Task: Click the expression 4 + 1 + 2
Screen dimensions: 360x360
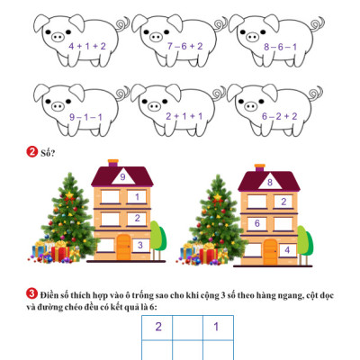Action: (87, 46)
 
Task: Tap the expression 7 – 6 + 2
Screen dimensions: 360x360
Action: (185, 46)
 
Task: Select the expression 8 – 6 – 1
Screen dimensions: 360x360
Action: (281, 47)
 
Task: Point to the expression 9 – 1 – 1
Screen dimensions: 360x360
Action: (85, 117)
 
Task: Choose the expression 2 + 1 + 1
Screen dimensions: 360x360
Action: (184, 116)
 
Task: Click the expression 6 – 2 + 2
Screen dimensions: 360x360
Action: (279, 116)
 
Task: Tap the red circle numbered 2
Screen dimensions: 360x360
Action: (31, 152)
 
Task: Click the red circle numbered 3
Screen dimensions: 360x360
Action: (31, 293)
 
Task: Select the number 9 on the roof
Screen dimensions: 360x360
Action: (122, 177)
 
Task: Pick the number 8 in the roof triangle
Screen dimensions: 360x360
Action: (270, 182)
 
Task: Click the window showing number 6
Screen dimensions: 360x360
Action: (257, 224)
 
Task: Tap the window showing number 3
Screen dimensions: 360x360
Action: (140, 246)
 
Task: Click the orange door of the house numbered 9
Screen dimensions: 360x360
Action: (124, 247)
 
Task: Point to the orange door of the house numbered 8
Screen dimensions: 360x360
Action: (271, 252)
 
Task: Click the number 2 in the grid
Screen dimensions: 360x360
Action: (158, 327)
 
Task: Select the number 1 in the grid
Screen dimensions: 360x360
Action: (216, 327)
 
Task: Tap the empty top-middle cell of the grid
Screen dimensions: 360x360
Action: (187, 328)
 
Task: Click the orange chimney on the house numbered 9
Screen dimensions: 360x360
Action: (113, 163)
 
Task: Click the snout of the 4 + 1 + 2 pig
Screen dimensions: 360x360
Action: (58, 37)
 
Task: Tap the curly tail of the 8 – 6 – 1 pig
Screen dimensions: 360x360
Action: (318, 25)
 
